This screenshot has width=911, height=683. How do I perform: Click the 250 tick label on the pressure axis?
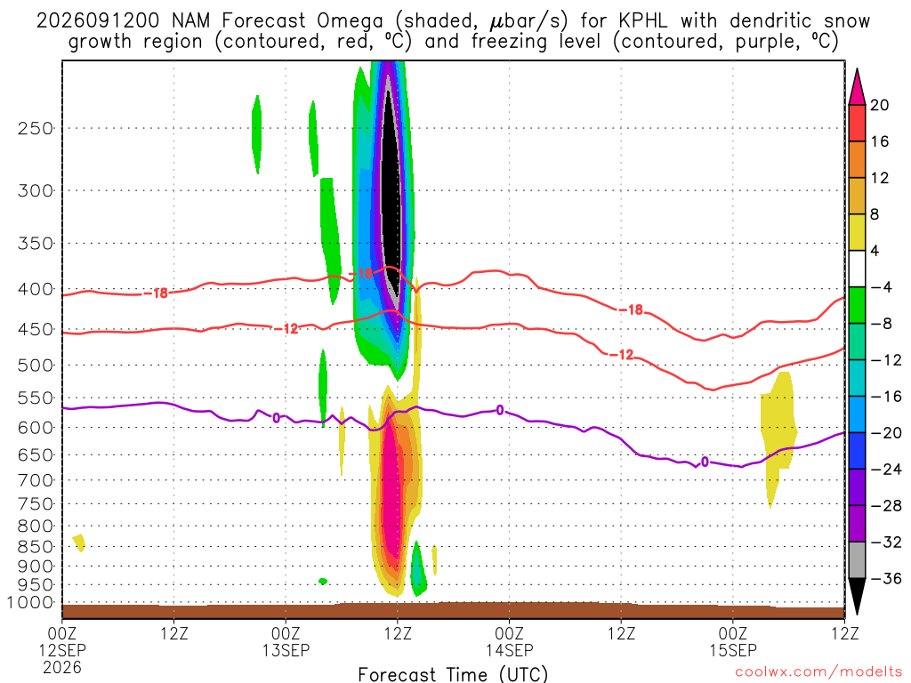tap(36, 128)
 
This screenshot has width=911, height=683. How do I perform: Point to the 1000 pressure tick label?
tap(30, 603)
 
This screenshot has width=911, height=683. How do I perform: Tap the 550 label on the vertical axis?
tap(36, 398)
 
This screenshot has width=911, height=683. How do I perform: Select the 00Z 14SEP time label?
tap(509, 642)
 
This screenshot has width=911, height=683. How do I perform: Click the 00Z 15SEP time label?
tap(733, 642)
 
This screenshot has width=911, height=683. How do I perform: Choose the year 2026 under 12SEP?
tap(62, 667)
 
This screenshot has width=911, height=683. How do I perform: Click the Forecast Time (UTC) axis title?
tap(453, 674)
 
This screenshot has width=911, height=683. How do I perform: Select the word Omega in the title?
tap(350, 22)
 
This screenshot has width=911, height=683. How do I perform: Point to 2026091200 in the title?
tap(98, 21)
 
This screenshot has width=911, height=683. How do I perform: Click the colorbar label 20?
tap(880, 105)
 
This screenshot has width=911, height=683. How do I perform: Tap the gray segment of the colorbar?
tap(857, 560)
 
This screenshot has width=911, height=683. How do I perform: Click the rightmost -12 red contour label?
tap(620, 354)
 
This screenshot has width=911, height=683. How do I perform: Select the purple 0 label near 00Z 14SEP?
tap(500, 411)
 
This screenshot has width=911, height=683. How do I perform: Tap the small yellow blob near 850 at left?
tap(79, 542)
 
